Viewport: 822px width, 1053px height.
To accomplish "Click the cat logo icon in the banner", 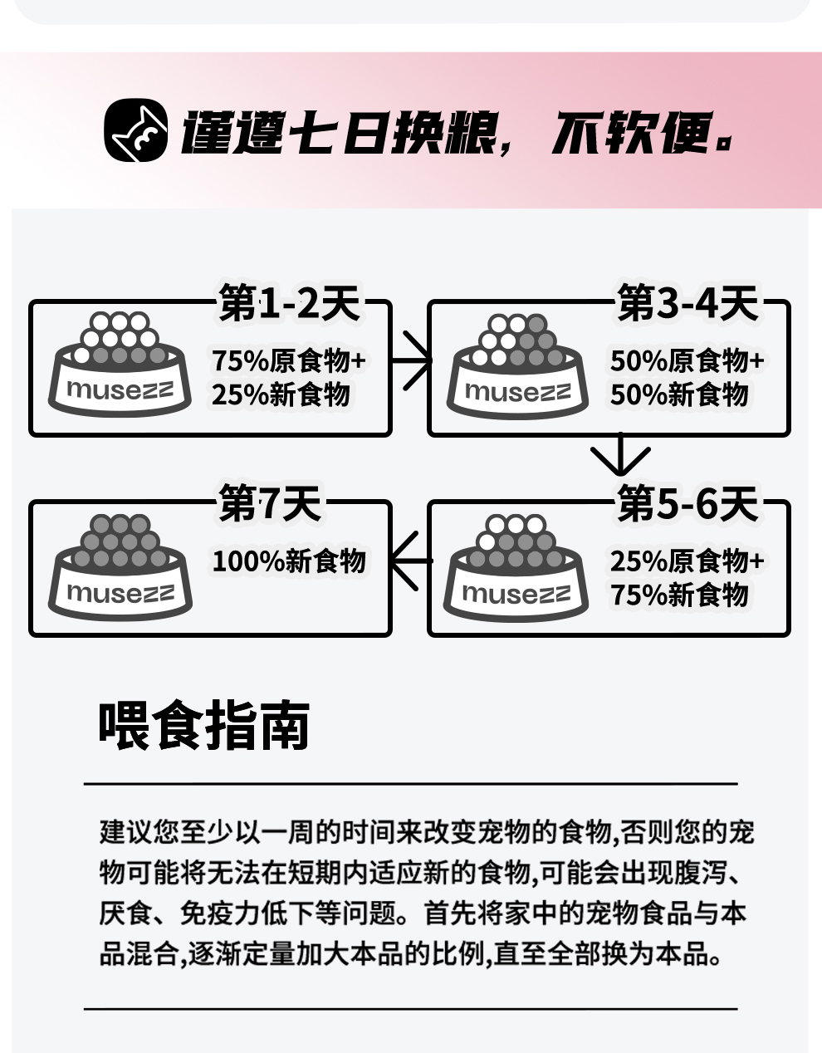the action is [x=135, y=131].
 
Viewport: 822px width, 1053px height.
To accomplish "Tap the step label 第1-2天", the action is [x=289, y=303].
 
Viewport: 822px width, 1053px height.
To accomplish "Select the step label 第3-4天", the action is [x=687, y=303].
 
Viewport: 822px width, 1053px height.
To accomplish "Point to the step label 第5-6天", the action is [x=687, y=503].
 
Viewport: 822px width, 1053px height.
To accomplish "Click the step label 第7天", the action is [x=269, y=503].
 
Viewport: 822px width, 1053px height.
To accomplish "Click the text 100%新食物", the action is [x=289, y=562].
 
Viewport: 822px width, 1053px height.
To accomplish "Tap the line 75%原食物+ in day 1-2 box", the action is [x=288, y=361].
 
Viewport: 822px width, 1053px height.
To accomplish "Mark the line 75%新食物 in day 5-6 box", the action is [x=679, y=595].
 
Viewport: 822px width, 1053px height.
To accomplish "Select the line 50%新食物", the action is [x=679, y=395].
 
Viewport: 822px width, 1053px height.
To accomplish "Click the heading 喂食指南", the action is [x=204, y=726].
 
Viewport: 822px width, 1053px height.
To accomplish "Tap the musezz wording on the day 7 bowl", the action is [x=120, y=593].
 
